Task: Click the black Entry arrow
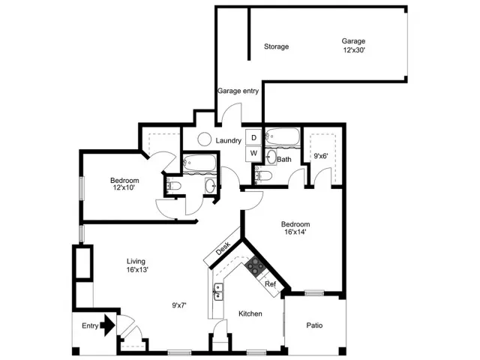point(108,325)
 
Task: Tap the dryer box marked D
point(253,137)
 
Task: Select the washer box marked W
point(253,153)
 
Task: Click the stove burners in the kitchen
point(255,265)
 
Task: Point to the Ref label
point(270,284)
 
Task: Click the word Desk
point(223,248)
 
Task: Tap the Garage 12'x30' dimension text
point(354,50)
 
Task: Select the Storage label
point(277,46)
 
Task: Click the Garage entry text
point(238,91)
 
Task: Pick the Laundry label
point(228,140)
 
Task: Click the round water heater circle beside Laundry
point(204,139)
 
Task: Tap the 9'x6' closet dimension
point(321,156)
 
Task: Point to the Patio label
point(314,325)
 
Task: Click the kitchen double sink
point(218,292)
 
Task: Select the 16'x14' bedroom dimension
point(295,232)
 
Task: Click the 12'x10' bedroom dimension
point(124,187)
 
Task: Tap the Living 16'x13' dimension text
point(137,270)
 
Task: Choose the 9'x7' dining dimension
point(179,305)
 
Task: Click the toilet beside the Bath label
point(263,175)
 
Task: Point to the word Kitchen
point(250,313)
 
